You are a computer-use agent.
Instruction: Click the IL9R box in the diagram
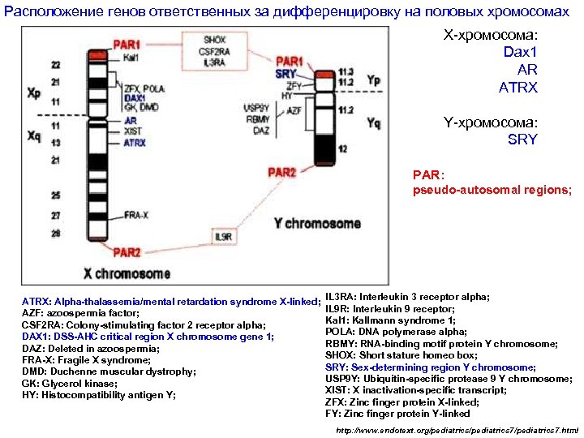tap(224, 237)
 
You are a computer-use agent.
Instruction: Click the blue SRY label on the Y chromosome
tap(286, 73)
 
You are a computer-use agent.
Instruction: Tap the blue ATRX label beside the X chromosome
tap(135, 143)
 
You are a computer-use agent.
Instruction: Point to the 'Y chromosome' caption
tap(317, 223)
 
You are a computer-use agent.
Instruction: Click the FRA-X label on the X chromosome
tap(136, 215)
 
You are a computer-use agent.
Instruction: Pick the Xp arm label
tap(33, 93)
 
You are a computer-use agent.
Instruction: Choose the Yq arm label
tap(374, 123)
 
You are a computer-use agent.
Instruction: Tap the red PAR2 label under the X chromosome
tap(127, 251)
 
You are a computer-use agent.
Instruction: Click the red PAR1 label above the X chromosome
tap(127, 45)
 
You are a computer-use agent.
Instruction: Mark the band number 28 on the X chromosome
tap(56, 234)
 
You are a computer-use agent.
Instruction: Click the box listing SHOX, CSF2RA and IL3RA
tap(215, 50)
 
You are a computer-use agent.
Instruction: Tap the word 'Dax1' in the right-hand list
tap(520, 52)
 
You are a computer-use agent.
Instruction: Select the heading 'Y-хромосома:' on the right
tap(490, 122)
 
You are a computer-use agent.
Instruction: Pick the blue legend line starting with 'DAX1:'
tap(147, 336)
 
